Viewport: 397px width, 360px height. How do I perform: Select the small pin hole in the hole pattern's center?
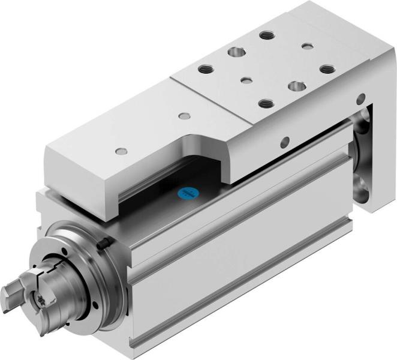pyautogui.click(x=245, y=79)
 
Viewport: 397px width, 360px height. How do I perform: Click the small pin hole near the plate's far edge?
pyautogui.click(x=307, y=46)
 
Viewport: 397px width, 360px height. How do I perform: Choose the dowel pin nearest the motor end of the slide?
pyautogui.click(x=122, y=149)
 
